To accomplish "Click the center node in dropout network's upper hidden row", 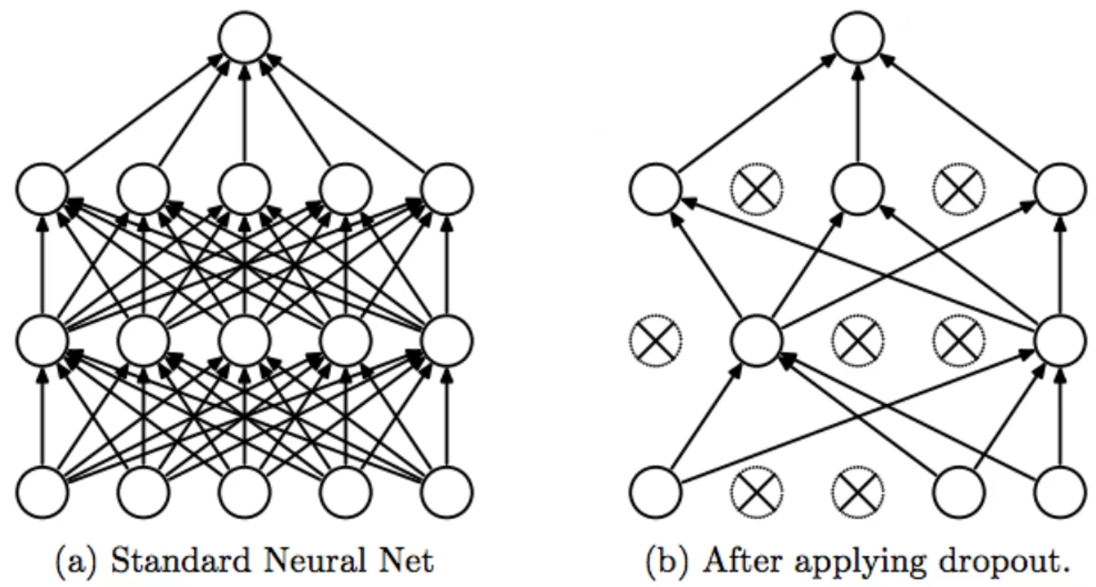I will tap(858, 188).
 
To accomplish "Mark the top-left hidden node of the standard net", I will tap(42, 188).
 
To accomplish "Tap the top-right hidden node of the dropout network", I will tap(1060, 188).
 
